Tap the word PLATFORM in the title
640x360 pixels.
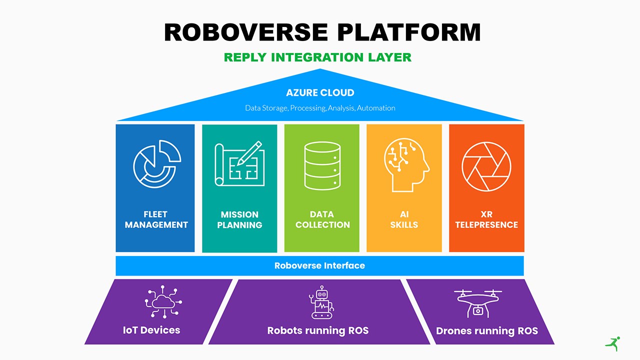[408, 32]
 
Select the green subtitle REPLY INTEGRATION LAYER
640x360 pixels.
[317, 57]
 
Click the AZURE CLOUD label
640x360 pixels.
[320, 92]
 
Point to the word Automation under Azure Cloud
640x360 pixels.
[376, 108]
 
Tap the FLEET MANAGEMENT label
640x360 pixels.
[156, 219]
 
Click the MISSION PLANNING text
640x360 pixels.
[239, 219]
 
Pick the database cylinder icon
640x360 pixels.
[322, 166]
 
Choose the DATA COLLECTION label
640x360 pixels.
[322, 219]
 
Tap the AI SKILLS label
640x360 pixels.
[404, 219]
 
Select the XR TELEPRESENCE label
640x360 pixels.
[486, 219]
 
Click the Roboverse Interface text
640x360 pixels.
[319, 265]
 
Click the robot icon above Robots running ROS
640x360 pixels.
[320, 302]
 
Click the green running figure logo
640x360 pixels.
[612, 343]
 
